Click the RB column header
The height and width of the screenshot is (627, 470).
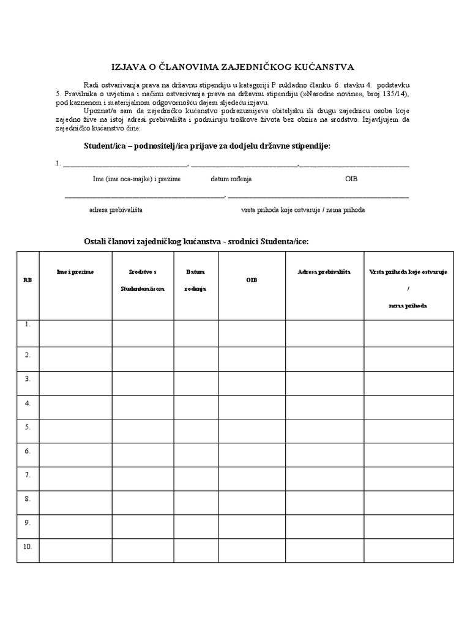(28, 279)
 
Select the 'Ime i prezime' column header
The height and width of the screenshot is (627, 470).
(75, 271)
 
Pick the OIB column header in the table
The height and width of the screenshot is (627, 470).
(252, 279)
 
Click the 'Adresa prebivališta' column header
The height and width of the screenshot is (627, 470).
(324, 271)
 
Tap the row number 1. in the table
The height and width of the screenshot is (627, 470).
(28, 325)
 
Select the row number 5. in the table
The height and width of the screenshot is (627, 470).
(28, 427)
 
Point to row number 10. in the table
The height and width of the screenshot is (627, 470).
(28, 546)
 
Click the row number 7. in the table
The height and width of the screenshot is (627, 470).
(28, 475)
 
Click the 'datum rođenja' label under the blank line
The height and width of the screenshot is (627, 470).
(231, 179)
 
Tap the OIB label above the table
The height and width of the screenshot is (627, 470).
(351, 179)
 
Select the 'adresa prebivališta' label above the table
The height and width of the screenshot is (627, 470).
(116, 209)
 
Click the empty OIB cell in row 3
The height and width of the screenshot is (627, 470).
(252, 383)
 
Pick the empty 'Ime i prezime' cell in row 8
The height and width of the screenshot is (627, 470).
(75, 503)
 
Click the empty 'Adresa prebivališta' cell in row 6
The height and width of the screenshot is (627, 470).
(324, 455)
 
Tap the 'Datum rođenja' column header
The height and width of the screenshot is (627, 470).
(196, 280)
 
